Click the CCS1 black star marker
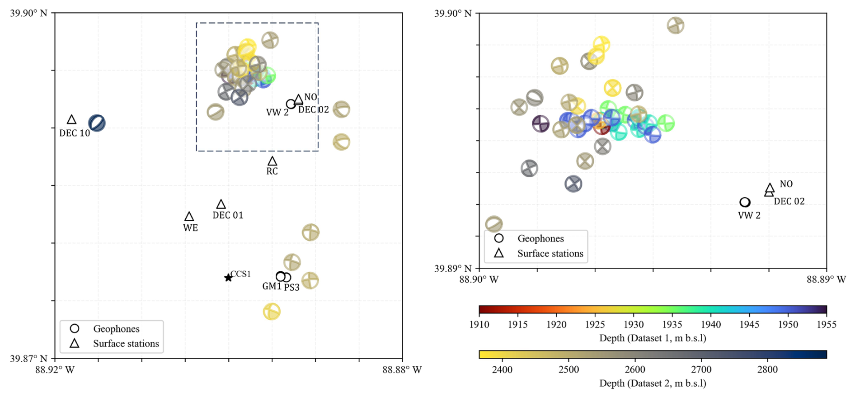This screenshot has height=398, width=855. click(229, 278)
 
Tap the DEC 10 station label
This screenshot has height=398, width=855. click(75, 133)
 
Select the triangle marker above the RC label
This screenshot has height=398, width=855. click(272, 161)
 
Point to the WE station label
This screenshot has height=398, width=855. click(190, 228)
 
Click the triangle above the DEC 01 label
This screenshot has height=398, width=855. click(221, 204)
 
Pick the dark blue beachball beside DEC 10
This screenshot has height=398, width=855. click(97, 123)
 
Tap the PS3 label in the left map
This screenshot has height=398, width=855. click(292, 288)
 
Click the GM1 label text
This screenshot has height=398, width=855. click(272, 286)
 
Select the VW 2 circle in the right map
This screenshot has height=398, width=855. click(745, 202)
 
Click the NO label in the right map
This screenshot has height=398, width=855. click(786, 184)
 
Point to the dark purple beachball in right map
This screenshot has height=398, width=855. click(540, 123)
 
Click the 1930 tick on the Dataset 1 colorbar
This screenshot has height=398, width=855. click(634, 324)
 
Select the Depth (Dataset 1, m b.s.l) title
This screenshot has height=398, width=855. click(653, 338)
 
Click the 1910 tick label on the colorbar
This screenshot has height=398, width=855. click(479, 324)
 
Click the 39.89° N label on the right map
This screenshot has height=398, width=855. click(453, 269)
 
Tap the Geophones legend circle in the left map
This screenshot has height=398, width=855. click(75, 329)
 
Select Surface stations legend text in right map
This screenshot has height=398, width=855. click(550, 254)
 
